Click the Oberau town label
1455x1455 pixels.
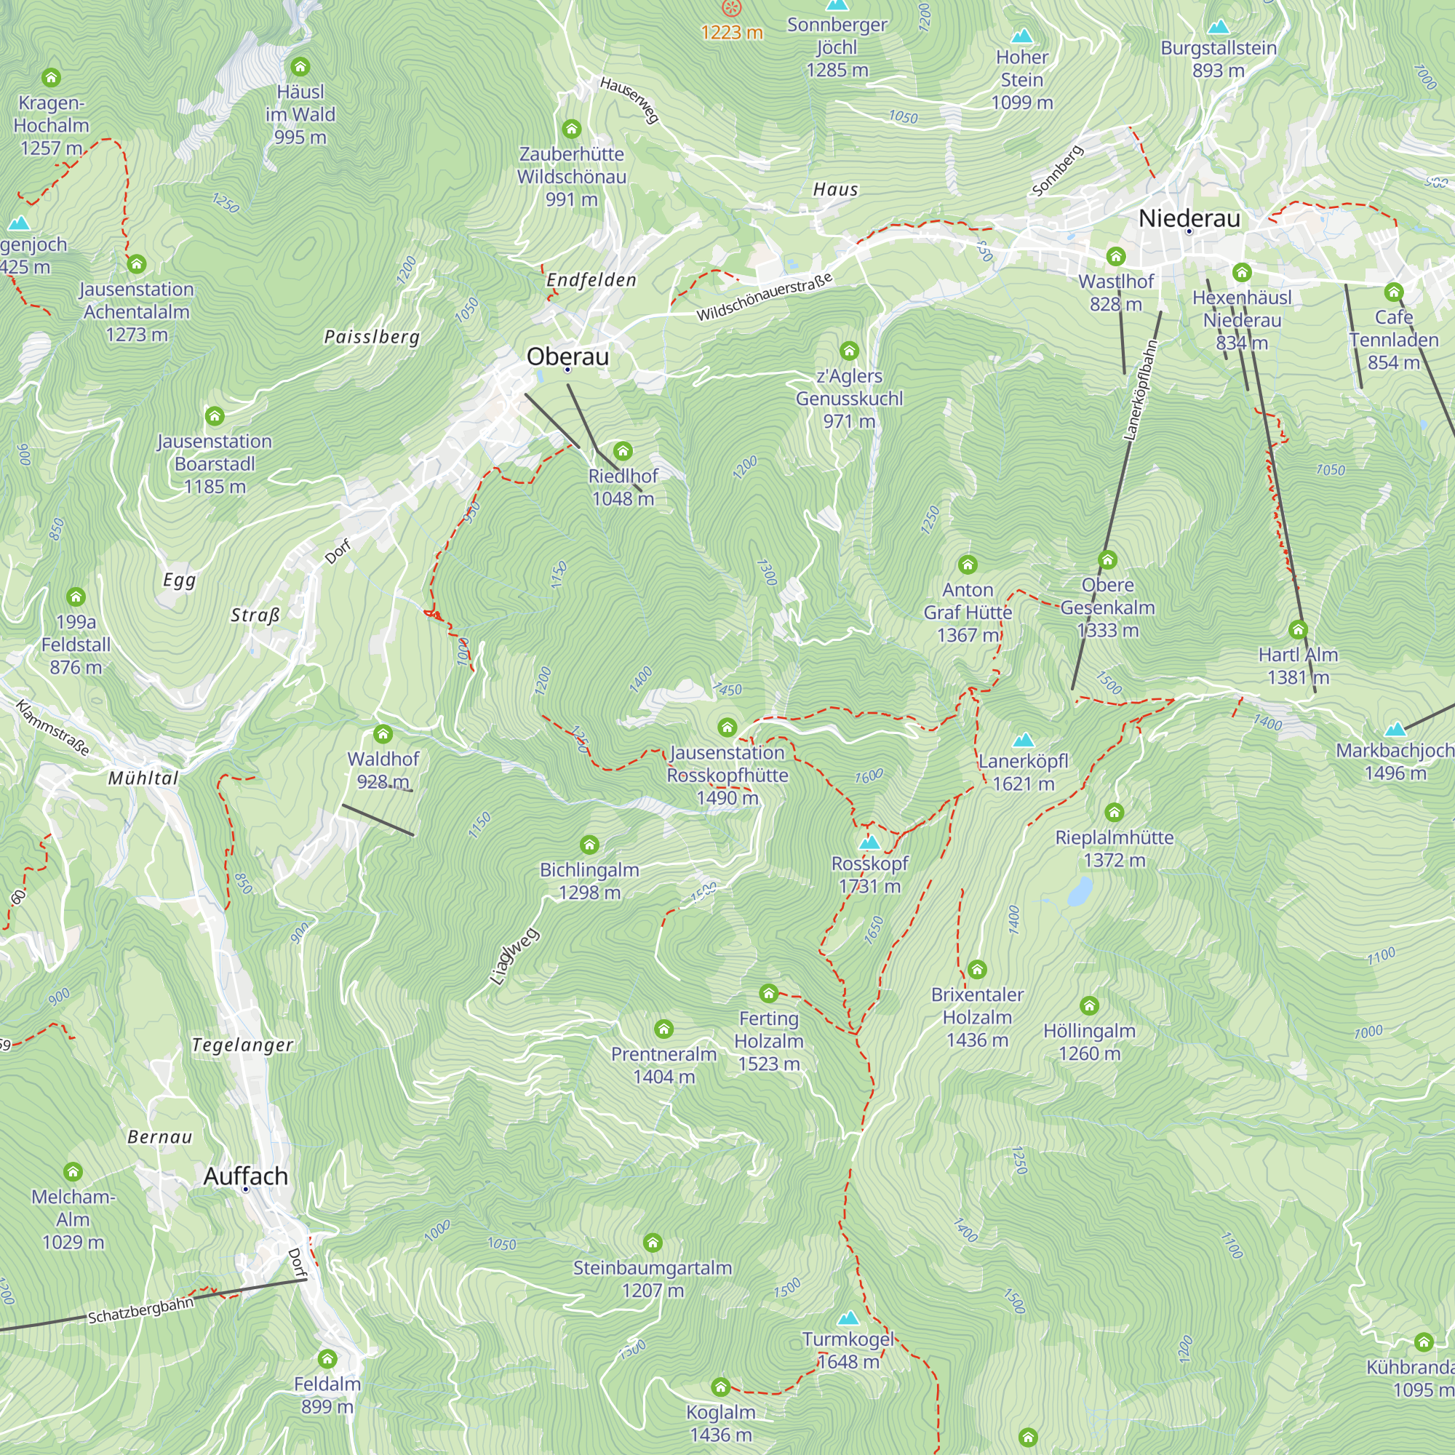[x=567, y=356]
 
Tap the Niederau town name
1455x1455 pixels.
[x=1189, y=218]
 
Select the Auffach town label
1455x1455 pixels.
[x=245, y=1176]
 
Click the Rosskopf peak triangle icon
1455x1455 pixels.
[x=869, y=841]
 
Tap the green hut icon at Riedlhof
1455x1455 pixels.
[x=622, y=451]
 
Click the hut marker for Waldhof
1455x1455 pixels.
[x=383, y=733]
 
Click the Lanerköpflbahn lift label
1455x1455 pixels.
[x=1140, y=390]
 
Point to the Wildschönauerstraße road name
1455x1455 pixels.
[x=765, y=296]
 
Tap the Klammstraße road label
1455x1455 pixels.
[x=52, y=727]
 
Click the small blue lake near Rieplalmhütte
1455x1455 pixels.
[x=1079, y=892]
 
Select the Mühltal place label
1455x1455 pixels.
[x=143, y=778]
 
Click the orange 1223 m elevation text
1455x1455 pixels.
[x=731, y=33]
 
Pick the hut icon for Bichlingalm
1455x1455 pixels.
[x=589, y=845]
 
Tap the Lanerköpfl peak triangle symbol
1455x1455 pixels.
[x=1023, y=740]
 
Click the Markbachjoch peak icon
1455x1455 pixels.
[x=1395, y=729]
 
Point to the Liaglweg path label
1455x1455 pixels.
[x=514, y=957]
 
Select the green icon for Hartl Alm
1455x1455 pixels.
[x=1298, y=629]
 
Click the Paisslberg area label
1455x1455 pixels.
[x=371, y=337]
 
